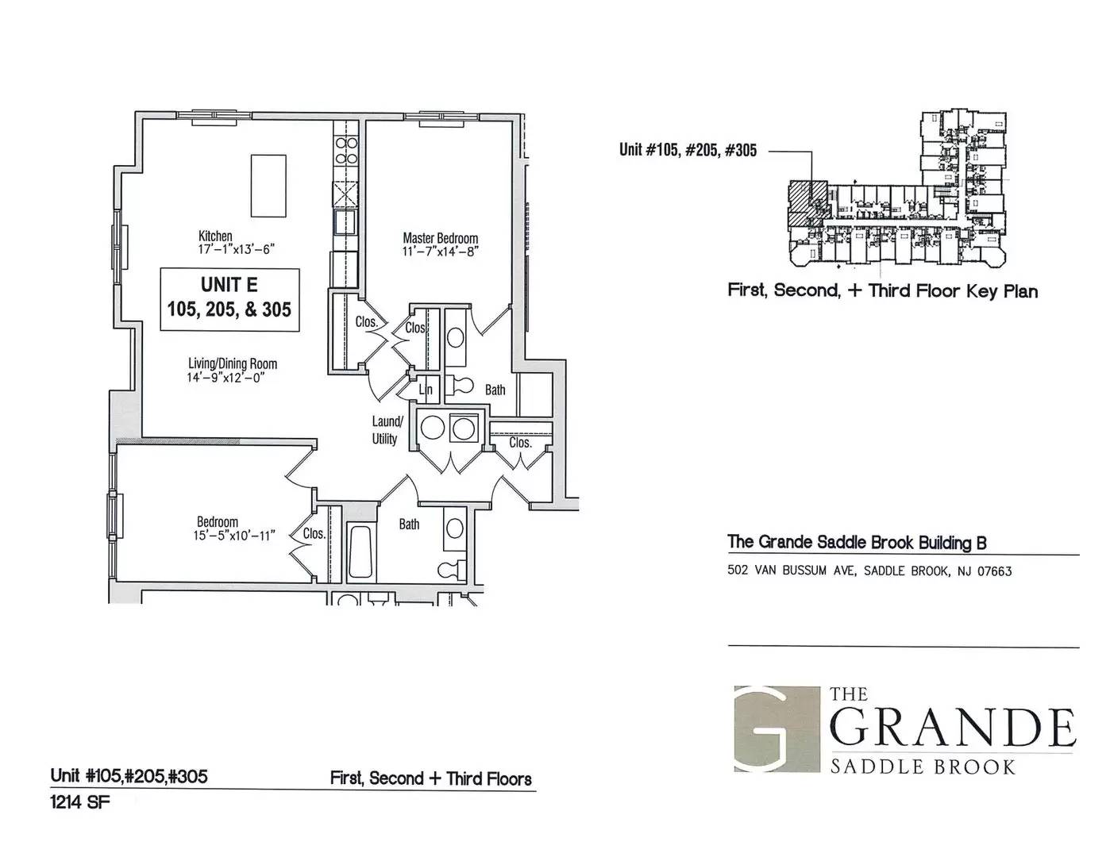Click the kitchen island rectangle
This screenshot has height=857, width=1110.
pos(268,186)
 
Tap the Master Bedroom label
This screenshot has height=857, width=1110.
pos(441,238)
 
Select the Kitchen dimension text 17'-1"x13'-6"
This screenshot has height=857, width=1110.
pos(237,250)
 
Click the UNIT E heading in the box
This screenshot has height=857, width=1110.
pos(229,285)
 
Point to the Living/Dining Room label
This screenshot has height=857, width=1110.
pos(233,363)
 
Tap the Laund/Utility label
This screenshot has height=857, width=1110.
pos(386,430)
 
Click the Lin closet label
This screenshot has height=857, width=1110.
pos(426,390)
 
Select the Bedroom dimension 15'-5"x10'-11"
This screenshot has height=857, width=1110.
pos(234,536)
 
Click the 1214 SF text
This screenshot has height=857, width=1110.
pos(79,803)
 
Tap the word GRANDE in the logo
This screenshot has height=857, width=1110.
pos(953,727)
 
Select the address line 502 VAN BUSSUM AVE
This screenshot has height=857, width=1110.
pos(869,571)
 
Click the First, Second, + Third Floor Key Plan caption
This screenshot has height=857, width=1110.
pos(883,291)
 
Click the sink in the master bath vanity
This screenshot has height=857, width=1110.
pos(455,338)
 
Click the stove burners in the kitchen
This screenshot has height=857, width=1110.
pos(345,152)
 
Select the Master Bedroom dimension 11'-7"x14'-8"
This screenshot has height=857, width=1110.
pos(441,251)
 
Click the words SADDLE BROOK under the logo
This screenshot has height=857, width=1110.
pos(923,767)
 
